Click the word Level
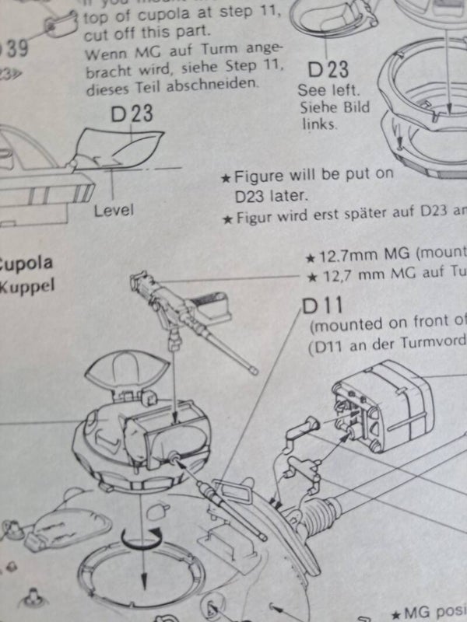coord(114,210)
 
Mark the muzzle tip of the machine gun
coord(255,372)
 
